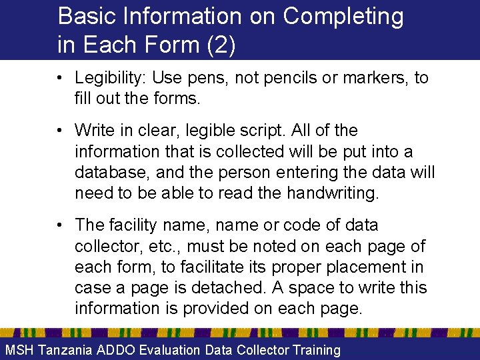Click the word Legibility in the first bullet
click(109, 78)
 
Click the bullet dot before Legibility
click(60, 78)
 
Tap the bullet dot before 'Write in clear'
click(60, 130)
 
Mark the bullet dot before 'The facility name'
click(60, 225)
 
